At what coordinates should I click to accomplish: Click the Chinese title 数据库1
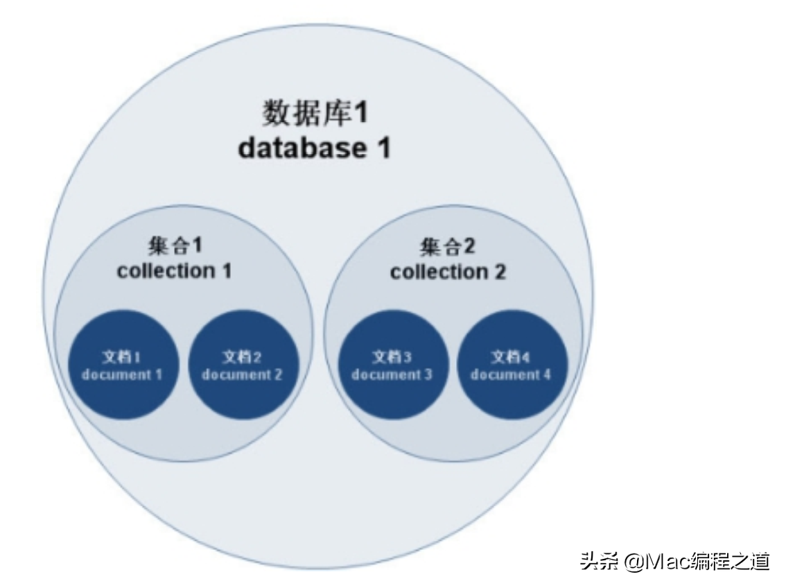[x=315, y=112]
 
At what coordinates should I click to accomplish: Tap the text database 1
[x=314, y=148]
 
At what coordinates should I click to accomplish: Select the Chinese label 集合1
[x=175, y=245]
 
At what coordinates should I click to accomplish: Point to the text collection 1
[x=175, y=271]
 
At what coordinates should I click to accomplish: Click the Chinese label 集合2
[x=448, y=247]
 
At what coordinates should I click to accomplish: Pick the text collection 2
[x=448, y=273]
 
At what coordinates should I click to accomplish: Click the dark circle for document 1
[x=123, y=365]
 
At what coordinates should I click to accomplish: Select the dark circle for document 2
[x=243, y=365]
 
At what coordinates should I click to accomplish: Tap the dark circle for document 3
[x=393, y=365]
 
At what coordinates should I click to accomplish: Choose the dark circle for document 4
[x=512, y=365]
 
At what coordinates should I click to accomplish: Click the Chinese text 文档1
[x=122, y=357]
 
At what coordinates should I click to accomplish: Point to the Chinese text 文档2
[x=242, y=357]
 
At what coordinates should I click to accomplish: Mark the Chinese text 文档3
[x=392, y=357]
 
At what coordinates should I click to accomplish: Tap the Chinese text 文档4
[x=510, y=357]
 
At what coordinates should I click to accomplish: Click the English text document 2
[x=242, y=374]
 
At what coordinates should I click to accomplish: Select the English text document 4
[x=510, y=374]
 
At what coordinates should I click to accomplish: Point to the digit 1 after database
[x=383, y=148]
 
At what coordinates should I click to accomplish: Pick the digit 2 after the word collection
[x=500, y=273]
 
